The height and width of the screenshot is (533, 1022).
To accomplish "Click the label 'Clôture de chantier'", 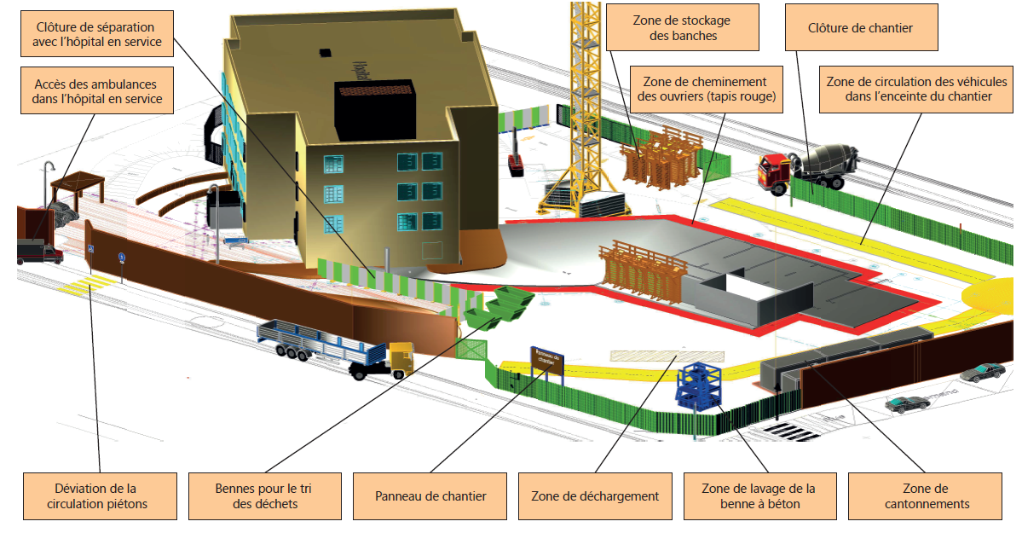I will click(x=860, y=29).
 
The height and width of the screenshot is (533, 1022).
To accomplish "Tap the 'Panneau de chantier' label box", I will click(x=430, y=495).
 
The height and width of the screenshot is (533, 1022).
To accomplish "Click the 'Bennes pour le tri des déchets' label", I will click(x=263, y=495).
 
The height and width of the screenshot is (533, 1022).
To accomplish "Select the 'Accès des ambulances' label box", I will click(x=98, y=92).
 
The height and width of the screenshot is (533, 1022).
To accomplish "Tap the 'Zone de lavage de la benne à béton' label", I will click(x=758, y=495).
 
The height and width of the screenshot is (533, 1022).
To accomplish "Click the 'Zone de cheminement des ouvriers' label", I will click(x=707, y=89).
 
